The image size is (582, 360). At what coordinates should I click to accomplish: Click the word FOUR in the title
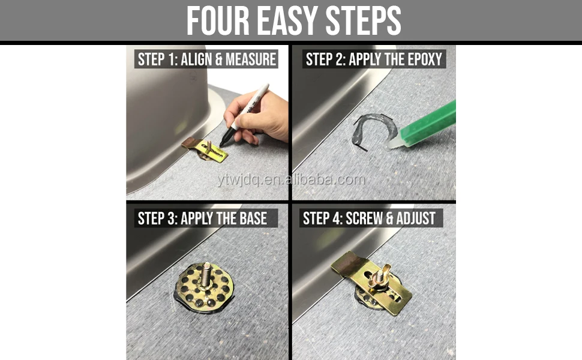(217, 21)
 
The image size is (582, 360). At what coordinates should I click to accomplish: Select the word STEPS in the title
(364, 21)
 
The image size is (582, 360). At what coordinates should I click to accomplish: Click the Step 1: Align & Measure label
(206, 59)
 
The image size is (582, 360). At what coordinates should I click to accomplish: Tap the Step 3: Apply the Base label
(202, 218)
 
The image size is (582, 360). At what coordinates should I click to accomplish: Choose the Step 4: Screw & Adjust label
(369, 218)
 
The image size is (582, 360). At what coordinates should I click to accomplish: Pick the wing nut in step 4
(380, 277)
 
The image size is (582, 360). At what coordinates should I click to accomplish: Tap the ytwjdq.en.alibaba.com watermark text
(290, 179)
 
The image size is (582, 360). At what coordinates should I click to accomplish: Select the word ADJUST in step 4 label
(415, 218)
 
